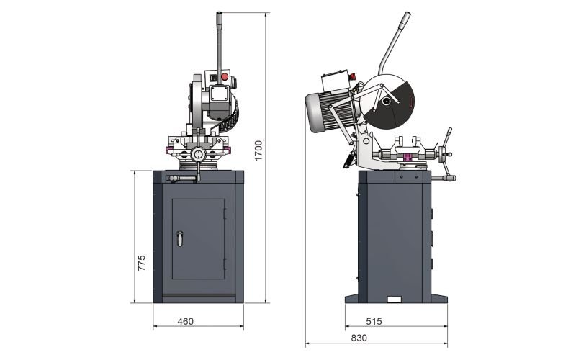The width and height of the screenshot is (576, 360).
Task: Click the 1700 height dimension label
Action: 258,150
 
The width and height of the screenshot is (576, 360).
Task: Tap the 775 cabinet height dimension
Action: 141,263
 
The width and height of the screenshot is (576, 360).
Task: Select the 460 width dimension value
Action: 186,321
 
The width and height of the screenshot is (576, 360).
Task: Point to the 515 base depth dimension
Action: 374,321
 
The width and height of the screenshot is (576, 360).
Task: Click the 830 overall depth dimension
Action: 359,338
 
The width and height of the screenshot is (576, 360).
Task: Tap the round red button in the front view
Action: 224,77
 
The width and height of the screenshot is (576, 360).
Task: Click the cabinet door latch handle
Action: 179,239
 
